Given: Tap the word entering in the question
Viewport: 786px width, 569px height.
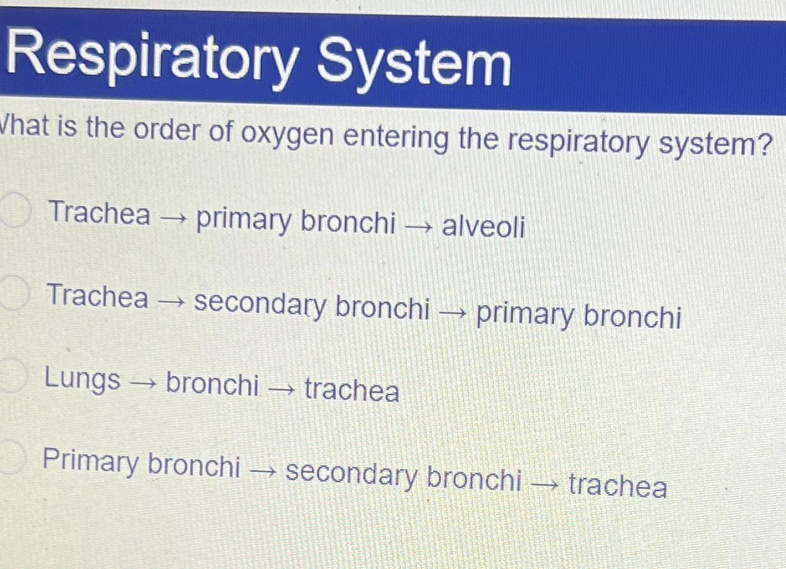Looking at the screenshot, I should [x=395, y=138].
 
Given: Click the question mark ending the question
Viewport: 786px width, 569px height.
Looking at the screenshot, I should [x=765, y=145].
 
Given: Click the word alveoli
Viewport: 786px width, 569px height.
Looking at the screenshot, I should [x=483, y=227].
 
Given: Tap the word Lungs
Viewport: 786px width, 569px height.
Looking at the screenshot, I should [x=83, y=380].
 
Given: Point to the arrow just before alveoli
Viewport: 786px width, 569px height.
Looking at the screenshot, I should [x=418, y=227].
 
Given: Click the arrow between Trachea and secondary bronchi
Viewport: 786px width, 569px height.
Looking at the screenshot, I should [x=171, y=302].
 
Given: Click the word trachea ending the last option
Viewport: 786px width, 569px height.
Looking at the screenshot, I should [x=617, y=485].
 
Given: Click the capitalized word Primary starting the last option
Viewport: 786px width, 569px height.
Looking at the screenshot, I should [x=91, y=463].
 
